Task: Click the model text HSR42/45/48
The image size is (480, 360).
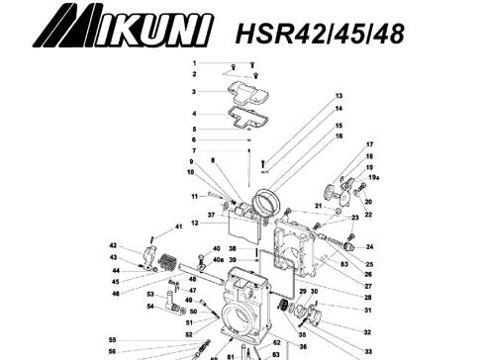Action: (319, 32)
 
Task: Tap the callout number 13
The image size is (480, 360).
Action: (338, 96)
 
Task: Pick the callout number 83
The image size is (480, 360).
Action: (344, 265)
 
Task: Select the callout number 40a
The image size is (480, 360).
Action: (218, 259)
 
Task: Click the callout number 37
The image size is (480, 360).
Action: (211, 215)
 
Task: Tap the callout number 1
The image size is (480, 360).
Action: (194, 63)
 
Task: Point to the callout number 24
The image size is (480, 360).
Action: (369, 247)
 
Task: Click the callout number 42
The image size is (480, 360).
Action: (113, 246)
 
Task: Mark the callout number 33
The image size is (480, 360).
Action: (368, 351)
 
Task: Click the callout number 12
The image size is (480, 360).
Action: (195, 224)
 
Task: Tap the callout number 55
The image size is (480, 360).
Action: (112, 339)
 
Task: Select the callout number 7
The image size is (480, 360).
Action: (194, 150)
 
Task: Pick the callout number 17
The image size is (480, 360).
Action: (369, 145)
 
